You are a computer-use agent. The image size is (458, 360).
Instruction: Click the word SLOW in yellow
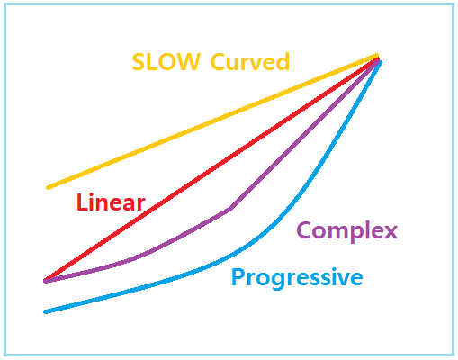[x=166, y=62]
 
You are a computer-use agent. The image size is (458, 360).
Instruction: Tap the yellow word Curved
[x=250, y=61]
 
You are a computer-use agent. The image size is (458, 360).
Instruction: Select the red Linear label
[x=111, y=202]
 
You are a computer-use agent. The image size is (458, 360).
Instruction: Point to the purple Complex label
[x=347, y=231]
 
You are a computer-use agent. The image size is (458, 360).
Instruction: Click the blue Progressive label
[x=297, y=277]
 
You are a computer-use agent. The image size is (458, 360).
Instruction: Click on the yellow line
[x=212, y=121]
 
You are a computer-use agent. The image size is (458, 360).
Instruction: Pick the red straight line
[x=211, y=169]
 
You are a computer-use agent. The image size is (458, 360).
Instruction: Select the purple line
[x=229, y=210]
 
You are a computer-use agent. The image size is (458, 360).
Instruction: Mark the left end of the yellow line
[x=48, y=188]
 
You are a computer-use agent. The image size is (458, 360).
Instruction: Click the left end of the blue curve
[x=45, y=312]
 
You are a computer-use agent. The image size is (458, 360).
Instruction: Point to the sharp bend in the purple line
[x=229, y=210]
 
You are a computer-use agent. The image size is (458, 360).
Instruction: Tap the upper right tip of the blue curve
[x=381, y=62]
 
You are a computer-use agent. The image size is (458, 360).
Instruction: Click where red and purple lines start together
[x=45, y=281]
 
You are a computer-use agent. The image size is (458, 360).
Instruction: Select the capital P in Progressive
[x=238, y=276]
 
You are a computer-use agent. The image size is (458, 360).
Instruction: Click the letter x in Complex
[x=390, y=231]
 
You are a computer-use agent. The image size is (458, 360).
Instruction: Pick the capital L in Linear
[x=82, y=202]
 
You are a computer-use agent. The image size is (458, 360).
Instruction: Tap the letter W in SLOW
[x=188, y=62]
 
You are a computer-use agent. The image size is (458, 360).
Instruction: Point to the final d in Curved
[x=283, y=61]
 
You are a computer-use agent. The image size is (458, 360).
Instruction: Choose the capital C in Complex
[x=304, y=229]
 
